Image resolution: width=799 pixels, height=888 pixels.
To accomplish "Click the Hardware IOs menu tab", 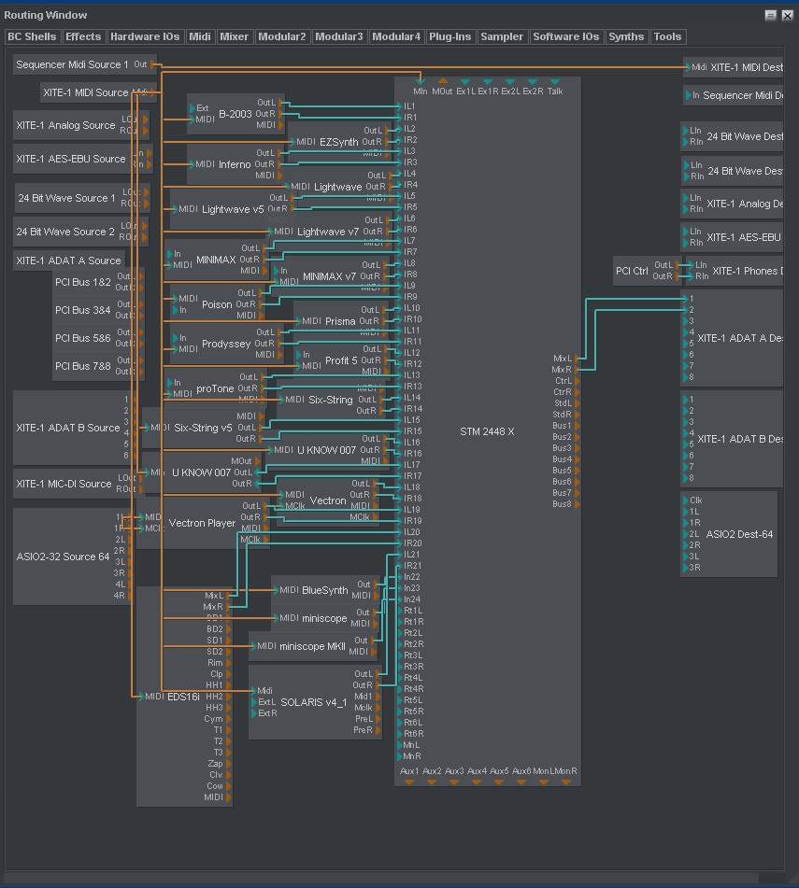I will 144,37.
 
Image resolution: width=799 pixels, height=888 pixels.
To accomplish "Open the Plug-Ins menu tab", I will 449,37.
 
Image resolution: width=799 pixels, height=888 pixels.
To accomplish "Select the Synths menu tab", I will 625,37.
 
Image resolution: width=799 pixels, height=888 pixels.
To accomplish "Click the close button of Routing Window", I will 787,15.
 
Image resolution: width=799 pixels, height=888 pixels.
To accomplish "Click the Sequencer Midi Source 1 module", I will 72,65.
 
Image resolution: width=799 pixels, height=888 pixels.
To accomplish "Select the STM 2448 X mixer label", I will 487,432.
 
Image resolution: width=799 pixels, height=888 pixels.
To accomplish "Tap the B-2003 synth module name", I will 235,114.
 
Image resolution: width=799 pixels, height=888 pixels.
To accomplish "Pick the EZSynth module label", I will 338,142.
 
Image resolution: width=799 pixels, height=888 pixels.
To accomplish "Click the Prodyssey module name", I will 225,345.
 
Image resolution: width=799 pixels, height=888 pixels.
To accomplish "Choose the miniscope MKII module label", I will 312,646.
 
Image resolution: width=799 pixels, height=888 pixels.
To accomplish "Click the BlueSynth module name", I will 324,590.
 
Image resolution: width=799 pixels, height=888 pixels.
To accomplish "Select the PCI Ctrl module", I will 632,272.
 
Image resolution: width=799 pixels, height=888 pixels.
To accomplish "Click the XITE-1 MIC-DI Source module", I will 64,484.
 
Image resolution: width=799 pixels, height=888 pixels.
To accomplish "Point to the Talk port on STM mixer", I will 555,92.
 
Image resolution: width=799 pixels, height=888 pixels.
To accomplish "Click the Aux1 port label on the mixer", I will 409,771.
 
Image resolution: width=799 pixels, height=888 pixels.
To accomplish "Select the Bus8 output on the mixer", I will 562,504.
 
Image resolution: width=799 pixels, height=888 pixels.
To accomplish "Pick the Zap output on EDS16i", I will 215,764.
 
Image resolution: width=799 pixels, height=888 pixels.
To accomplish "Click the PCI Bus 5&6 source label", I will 82,338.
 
